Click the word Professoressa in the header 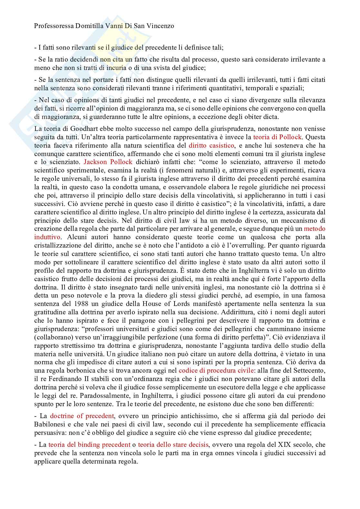tap(49, 26)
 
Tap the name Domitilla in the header tap(80, 26)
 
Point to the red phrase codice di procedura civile tap(216, 370)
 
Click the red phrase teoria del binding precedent tap(89, 445)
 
